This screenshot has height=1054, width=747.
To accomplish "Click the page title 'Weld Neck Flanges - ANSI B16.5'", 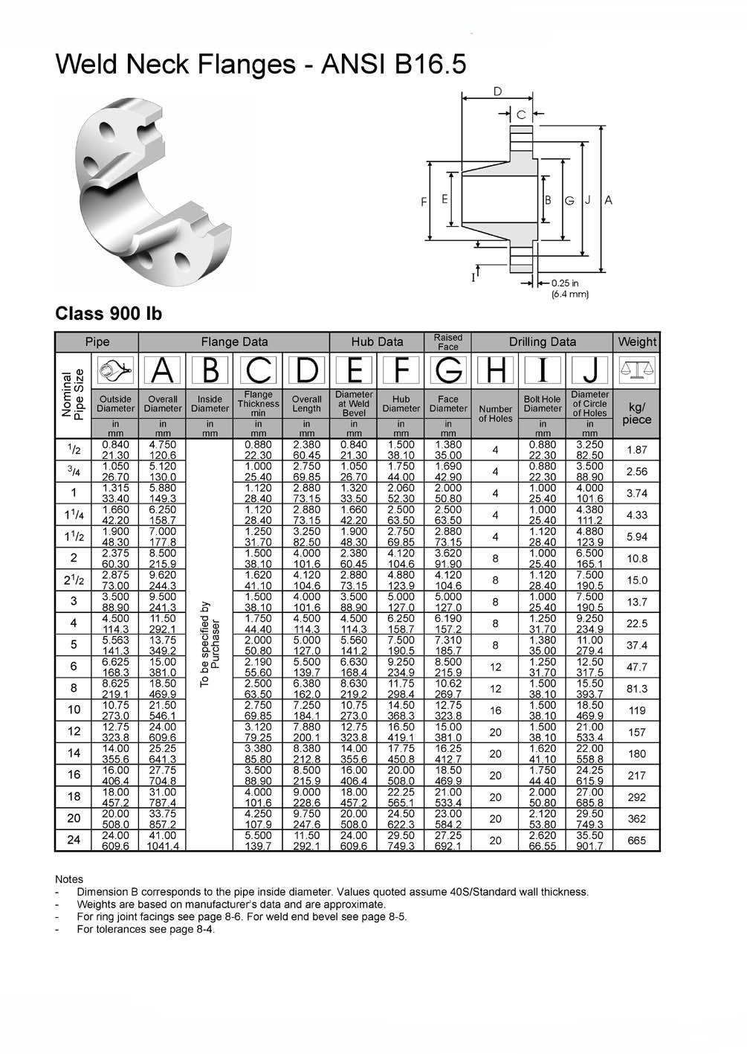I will (x=261, y=65).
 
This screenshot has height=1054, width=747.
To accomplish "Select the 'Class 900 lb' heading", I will (x=109, y=313).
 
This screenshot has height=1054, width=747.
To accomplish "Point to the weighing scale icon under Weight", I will (x=636, y=370).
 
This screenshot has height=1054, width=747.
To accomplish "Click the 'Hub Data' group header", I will (x=377, y=342).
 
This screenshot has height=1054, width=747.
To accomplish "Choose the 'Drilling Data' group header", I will (x=542, y=342).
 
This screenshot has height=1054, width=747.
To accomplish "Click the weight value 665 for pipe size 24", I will (x=636, y=841).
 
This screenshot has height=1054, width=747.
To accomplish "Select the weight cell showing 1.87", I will (x=636, y=450).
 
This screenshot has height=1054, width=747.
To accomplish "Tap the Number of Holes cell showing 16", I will (x=496, y=710).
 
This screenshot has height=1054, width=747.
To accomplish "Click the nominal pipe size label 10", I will (x=74, y=710).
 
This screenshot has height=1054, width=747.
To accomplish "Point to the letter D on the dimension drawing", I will (x=497, y=91).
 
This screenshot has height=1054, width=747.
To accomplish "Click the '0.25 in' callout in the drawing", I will (x=565, y=283).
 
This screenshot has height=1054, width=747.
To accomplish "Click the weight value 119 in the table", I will (x=636, y=710).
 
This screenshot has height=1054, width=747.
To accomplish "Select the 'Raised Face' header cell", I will (x=448, y=342).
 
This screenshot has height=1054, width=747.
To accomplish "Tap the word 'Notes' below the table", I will (x=69, y=879).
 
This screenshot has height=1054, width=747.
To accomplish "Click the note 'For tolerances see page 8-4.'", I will (x=146, y=929).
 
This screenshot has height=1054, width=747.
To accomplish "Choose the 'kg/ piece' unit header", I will (x=636, y=414).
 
